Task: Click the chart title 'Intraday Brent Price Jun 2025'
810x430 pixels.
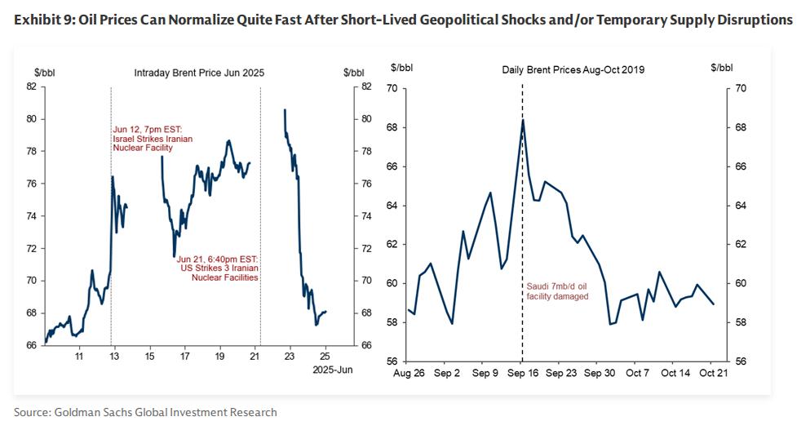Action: pos(199,73)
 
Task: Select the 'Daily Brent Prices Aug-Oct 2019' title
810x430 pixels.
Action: pos(573,70)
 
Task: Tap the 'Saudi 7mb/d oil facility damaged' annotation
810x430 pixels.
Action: pos(555,291)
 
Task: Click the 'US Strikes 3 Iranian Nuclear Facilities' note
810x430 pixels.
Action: pos(218,268)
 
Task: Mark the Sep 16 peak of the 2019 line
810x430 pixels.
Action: pos(522,120)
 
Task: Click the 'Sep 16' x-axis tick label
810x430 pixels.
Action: pos(522,374)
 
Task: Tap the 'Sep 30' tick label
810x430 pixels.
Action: pos(599,374)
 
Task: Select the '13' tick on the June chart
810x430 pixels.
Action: pos(114,357)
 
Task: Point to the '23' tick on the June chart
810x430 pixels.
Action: pos(290,357)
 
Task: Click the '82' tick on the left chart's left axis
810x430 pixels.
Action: pos(31,86)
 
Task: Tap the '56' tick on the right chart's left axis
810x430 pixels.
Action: pos(392,361)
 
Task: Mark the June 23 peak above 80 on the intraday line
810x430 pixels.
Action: pos(284,109)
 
